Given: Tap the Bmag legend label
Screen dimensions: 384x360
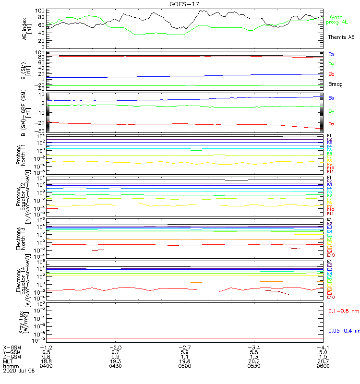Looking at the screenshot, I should coord(335,84).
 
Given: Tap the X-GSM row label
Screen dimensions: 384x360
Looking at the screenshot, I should coord(12,347).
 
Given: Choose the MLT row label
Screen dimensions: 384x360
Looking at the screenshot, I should coord(8,361).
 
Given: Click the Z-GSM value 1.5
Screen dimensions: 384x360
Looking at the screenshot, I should coord(319,357).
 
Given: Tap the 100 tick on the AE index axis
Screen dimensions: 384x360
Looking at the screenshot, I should coord(40,11).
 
